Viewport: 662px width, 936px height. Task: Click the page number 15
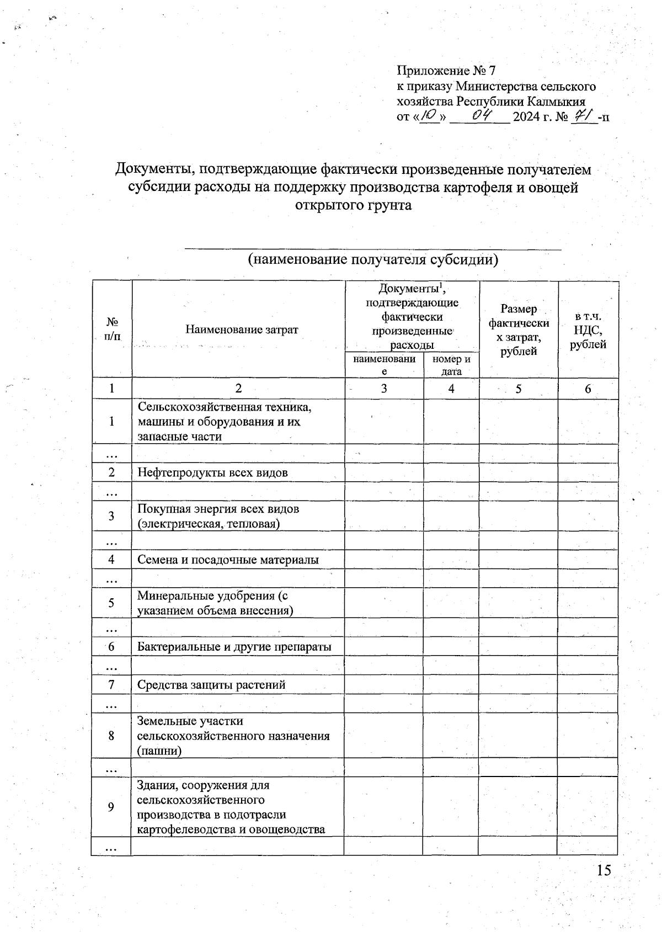click(604, 870)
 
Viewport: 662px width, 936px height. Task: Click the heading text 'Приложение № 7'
click(447, 71)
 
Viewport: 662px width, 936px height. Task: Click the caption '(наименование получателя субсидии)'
click(373, 259)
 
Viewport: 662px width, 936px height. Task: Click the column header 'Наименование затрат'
click(242, 329)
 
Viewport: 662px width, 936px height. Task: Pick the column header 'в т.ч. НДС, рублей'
click(588, 330)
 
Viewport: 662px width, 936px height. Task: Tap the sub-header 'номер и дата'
click(451, 365)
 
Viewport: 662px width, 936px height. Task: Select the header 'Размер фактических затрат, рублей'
click(519, 329)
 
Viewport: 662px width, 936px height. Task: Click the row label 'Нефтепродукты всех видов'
click(212, 472)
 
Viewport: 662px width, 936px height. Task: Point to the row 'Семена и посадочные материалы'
click(228, 560)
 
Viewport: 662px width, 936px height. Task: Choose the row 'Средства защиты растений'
click(211, 685)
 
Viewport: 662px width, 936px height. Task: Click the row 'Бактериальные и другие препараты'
click(234, 647)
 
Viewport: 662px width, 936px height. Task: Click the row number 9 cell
click(111, 807)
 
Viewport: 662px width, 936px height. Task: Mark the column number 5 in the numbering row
click(519, 389)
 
